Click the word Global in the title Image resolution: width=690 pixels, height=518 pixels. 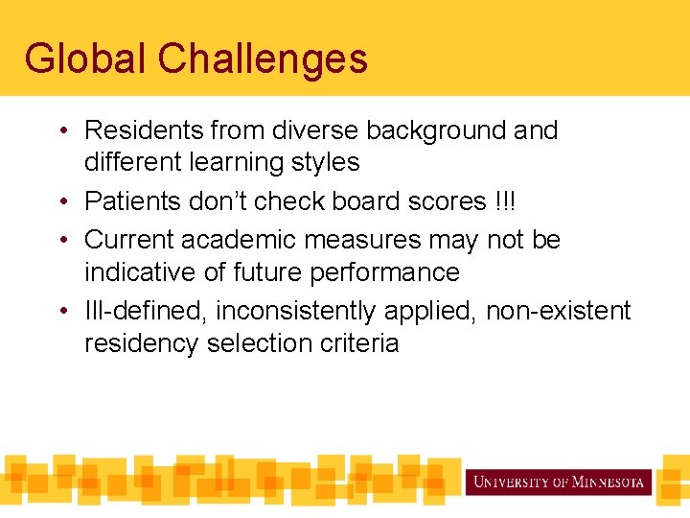pyautogui.click(x=85, y=59)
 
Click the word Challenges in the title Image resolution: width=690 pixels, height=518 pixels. pyautogui.click(x=262, y=59)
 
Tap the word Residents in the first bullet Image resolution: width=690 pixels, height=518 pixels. pyautogui.click(x=144, y=130)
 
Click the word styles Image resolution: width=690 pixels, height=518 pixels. pyautogui.click(x=329, y=163)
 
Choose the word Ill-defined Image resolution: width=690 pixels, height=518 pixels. pyautogui.click(x=147, y=311)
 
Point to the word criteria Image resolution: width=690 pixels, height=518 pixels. pyautogui.click(x=361, y=343)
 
